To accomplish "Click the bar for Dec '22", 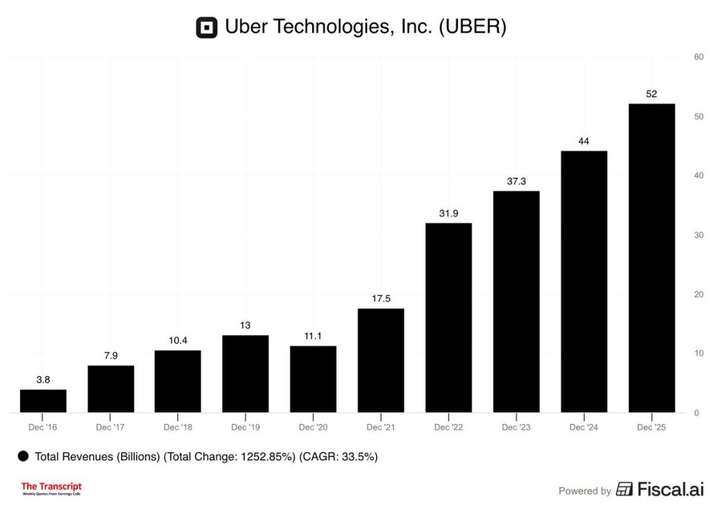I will (x=448, y=318).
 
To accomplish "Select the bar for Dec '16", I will (x=43, y=401).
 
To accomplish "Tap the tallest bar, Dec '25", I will (x=652, y=258).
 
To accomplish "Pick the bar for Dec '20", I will (x=313, y=379).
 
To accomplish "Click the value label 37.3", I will (x=516, y=181).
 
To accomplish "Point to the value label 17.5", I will (x=381, y=299).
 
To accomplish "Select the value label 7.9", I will (x=111, y=356).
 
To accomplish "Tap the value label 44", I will (x=583, y=141).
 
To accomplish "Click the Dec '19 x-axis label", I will (x=246, y=427).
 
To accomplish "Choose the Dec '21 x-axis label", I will (x=381, y=427).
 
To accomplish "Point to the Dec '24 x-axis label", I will (x=583, y=427).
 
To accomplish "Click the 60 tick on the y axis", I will (x=698, y=57).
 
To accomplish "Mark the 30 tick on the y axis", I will (x=698, y=235).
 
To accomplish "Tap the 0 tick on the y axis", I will (x=696, y=413).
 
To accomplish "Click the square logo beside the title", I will (x=207, y=27).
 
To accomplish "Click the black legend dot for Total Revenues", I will (x=23, y=456).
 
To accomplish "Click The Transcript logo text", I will (x=52, y=487).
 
